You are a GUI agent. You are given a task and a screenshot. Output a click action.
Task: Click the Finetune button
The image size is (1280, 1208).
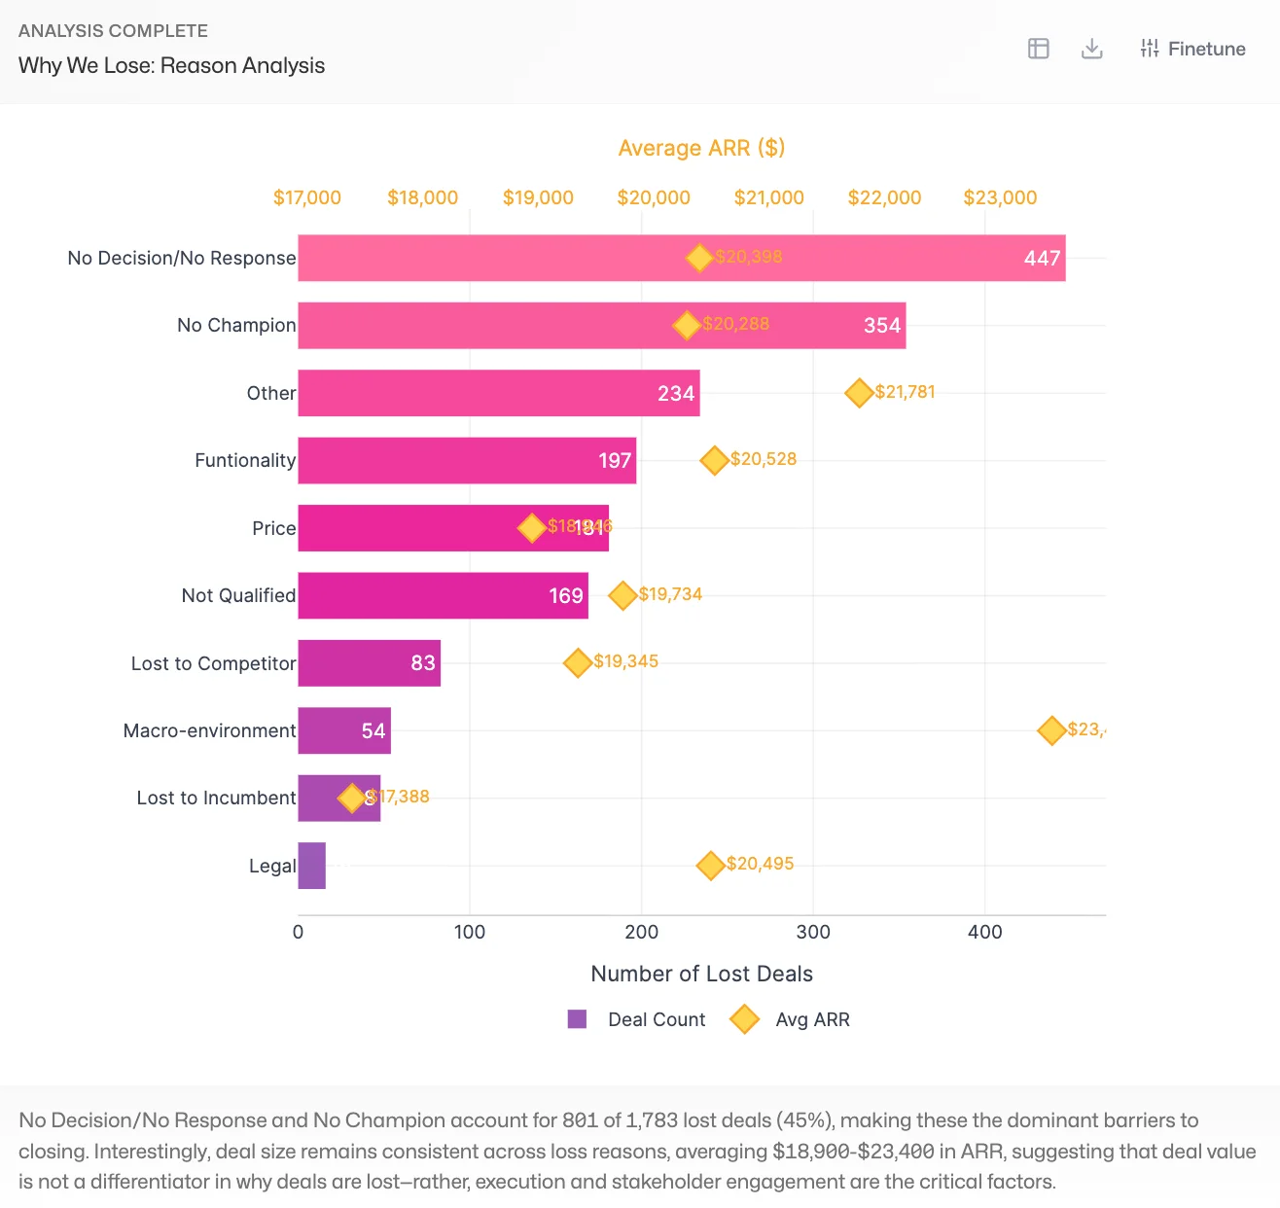(1192, 49)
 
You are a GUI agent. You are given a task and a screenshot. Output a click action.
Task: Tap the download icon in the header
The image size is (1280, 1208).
(1091, 49)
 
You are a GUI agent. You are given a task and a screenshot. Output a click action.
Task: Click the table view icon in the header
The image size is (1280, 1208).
(1038, 49)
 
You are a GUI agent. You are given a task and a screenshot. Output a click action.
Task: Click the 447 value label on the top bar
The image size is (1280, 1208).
(1041, 259)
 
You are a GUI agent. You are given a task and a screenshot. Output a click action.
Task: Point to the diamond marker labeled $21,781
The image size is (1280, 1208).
(859, 393)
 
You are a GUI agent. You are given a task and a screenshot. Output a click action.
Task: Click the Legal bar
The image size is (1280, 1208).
(311, 866)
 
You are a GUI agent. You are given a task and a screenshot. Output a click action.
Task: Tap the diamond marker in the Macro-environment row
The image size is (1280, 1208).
(1051, 730)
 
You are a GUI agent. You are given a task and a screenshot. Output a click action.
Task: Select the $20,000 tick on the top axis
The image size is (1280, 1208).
(653, 197)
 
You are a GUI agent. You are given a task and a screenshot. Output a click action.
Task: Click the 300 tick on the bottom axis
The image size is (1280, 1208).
(813, 932)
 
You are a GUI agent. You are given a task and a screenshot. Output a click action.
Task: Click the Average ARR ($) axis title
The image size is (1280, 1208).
(701, 148)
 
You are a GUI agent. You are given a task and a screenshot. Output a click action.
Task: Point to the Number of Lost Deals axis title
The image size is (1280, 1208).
(701, 974)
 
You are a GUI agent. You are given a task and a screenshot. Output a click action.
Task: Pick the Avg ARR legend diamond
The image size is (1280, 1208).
(745, 1019)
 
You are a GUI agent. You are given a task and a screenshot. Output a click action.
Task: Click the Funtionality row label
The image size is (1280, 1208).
(244, 460)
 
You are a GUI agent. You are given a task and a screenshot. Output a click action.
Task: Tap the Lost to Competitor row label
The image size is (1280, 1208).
(213, 663)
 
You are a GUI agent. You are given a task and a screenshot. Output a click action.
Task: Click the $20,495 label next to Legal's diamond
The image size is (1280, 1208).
(760, 864)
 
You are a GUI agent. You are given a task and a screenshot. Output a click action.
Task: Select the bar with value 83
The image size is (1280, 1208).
(370, 663)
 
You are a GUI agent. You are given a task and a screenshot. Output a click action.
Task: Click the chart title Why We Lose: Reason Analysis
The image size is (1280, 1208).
(171, 65)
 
